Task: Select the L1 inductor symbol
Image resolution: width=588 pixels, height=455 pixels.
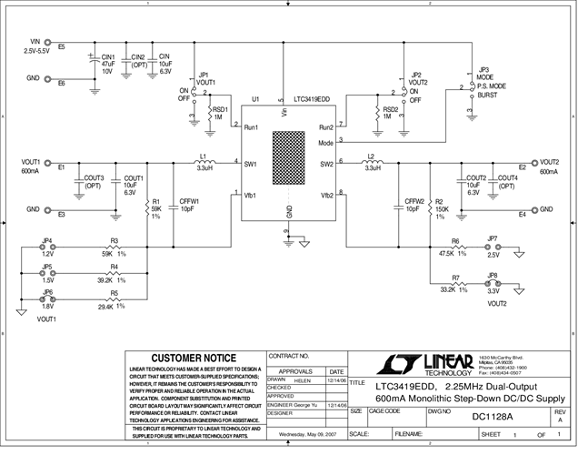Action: coord(204,164)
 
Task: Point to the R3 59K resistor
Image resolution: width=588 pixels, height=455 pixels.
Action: coord(115,252)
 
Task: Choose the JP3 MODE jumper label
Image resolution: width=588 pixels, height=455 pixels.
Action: coord(483,75)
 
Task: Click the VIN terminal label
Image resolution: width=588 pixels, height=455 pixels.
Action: coord(36,42)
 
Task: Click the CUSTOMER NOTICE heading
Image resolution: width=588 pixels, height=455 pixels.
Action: coord(193,358)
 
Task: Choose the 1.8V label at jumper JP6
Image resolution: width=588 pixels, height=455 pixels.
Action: coord(47,307)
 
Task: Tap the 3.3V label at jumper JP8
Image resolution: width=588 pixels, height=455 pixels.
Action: coord(493,291)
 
